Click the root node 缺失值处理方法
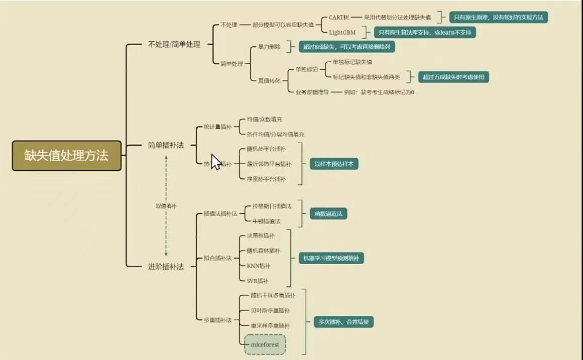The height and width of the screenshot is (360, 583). coord(67,156)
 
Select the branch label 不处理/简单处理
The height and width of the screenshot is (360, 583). coord(174,44)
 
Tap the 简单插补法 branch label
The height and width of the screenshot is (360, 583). coord(166,145)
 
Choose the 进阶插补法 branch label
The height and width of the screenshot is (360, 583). coord(166,267)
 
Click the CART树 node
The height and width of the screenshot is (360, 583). coord(338,17)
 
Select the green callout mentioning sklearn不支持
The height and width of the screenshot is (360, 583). coord(424,32)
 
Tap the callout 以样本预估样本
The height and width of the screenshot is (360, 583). coord(333,164)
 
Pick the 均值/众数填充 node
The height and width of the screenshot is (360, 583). coord(264,119)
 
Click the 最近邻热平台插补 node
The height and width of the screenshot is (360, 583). coord(269,164)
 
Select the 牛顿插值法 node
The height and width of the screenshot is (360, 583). coord(266,221)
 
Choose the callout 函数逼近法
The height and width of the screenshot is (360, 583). coord(328,213)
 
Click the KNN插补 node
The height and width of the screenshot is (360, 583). coord(259,266)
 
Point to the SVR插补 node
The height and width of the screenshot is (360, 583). coord(258,281)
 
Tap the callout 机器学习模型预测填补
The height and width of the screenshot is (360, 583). coord(331,259)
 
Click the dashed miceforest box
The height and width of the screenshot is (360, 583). coord(265,345)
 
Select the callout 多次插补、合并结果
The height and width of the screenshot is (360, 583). coord(343,322)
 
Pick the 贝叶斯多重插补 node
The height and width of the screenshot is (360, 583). coord(270,311)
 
